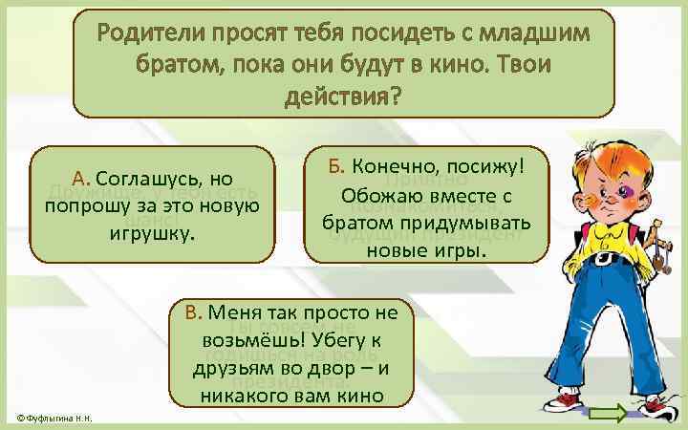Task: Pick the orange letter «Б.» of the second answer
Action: [336, 166]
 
